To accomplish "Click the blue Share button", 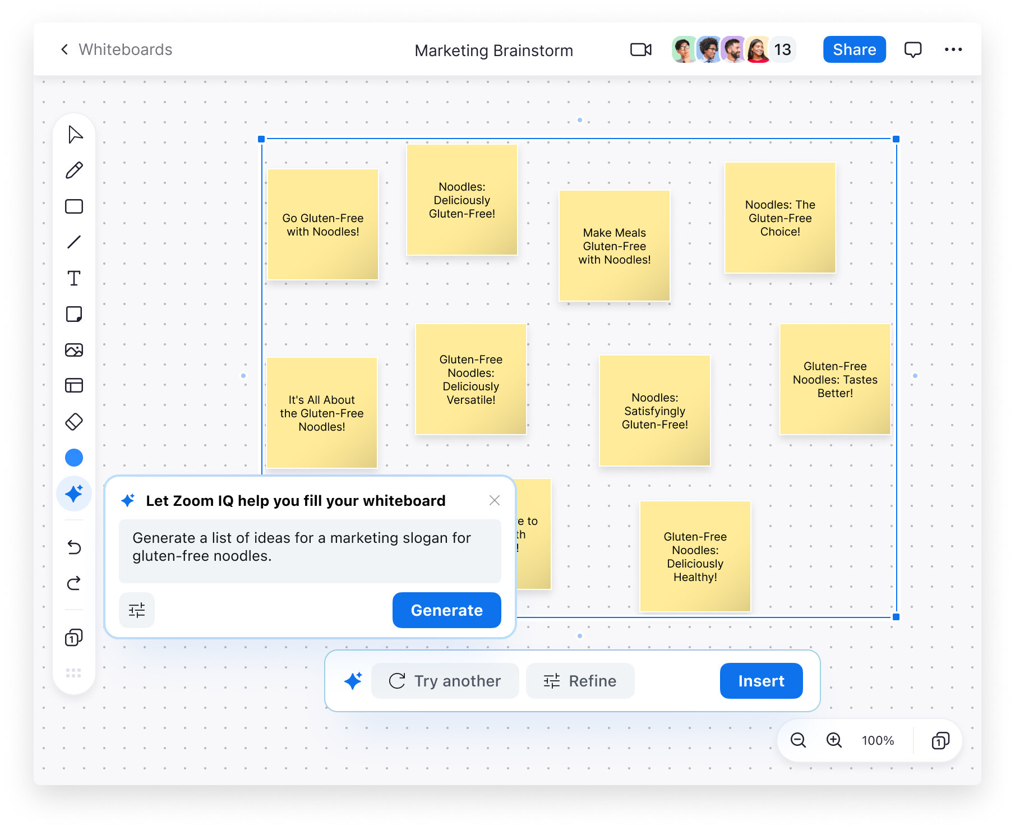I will click(x=854, y=49).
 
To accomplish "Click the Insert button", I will click(x=761, y=681).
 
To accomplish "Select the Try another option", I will click(x=445, y=681).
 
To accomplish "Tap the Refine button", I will click(x=580, y=681).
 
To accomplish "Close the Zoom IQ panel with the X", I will click(x=494, y=500).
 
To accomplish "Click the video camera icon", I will click(x=640, y=50).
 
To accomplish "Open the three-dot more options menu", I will click(x=953, y=50).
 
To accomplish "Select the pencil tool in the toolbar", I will click(x=74, y=170).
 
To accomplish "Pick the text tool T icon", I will click(x=74, y=278).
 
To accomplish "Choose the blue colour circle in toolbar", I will click(x=74, y=458).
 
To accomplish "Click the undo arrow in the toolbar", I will click(x=74, y=547).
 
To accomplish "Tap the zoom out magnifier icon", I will click(x=798, y=740).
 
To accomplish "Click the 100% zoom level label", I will click(x=878, y=741).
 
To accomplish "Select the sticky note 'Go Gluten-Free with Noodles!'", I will click(x=323, y=224).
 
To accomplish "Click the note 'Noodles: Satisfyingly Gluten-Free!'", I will click(x=654, y=411).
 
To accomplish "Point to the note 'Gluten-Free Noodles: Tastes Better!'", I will click(x=835, y=379).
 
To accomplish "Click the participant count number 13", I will click(x=782, y=50).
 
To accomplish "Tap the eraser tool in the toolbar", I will click(x=74, y=422).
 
